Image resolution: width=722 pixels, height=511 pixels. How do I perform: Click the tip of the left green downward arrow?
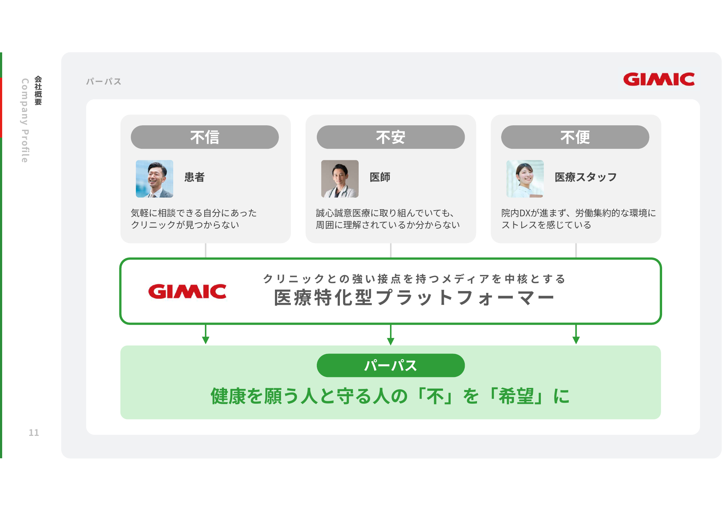206,344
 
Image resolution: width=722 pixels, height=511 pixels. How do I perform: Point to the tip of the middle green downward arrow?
390,345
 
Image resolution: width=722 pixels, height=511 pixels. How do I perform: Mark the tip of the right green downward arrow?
576,344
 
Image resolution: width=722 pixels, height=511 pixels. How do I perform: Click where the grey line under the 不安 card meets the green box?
391,258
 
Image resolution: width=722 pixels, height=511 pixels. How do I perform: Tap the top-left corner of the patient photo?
136,160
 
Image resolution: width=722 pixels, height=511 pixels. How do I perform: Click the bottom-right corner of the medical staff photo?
544,198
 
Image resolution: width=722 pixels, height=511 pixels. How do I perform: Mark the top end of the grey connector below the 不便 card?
576,243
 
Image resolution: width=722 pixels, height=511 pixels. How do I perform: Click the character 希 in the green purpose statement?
507,396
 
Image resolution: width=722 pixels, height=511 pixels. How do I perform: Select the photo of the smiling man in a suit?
154,179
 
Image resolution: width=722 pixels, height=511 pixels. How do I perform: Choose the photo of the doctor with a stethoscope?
340,179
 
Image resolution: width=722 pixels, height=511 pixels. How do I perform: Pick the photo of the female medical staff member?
525,179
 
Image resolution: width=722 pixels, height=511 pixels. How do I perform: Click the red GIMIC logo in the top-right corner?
659,79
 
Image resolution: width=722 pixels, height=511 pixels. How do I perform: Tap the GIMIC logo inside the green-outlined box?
187,291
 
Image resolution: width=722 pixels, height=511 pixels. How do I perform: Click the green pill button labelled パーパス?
391,365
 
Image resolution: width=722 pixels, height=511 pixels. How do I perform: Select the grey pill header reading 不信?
205,137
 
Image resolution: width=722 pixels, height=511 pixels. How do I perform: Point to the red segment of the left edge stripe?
1,108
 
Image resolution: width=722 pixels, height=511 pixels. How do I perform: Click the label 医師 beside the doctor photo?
380,177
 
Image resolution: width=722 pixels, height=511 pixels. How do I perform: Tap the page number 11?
34,433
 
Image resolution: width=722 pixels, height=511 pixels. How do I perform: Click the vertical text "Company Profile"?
25,120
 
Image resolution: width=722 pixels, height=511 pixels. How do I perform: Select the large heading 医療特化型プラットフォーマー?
414,298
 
